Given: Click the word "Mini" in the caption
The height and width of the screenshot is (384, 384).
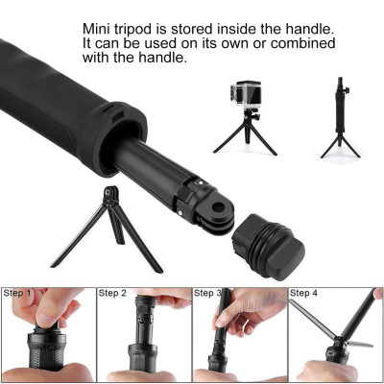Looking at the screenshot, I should [97, 29].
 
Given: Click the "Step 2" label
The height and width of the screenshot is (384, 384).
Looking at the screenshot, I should [113, 293].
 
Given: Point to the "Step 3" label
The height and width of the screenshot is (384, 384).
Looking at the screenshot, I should [209, 293].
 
